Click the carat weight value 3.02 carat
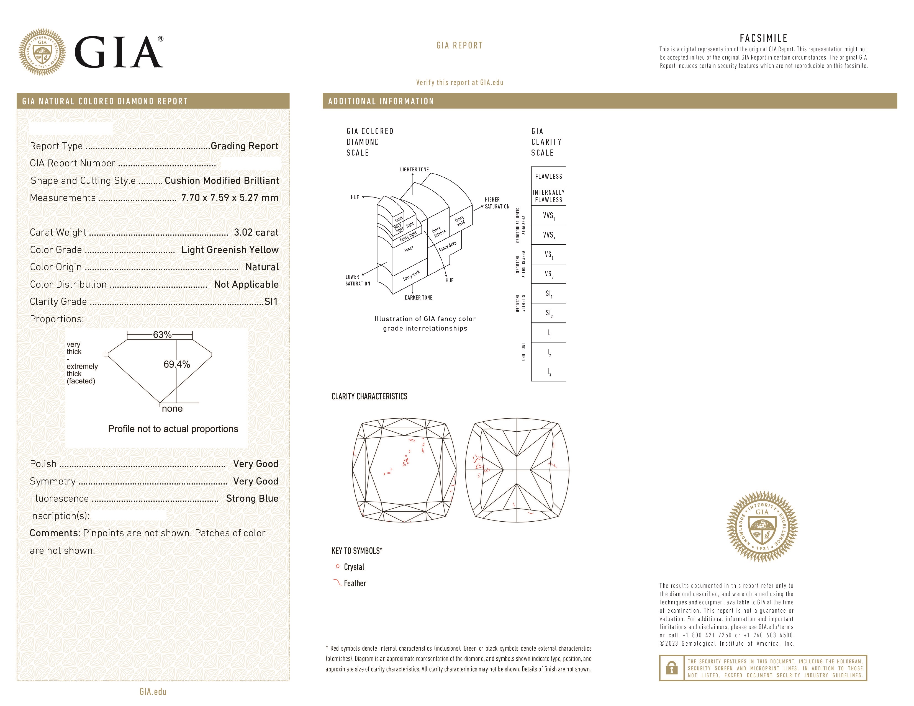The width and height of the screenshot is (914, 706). point(256,233)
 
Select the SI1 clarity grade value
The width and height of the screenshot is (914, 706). point(271,302)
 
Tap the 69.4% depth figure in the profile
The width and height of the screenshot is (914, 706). point(177,364)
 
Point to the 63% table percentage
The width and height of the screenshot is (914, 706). point(162,335)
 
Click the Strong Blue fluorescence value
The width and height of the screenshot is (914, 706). point(252,499)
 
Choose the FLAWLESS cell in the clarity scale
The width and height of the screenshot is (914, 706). point(548,177)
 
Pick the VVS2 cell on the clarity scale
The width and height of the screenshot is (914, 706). point(548,235)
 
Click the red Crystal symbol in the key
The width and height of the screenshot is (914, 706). point(338,566)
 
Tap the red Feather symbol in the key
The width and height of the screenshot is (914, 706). point(337,583)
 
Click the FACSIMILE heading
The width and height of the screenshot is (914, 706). point(763,38)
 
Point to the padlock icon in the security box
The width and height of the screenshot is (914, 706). point(672,668)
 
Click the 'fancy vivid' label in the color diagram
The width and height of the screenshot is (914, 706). point(460,221)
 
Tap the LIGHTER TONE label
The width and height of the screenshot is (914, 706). point(414,169)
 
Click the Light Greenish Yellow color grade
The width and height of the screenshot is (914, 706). point(230,250)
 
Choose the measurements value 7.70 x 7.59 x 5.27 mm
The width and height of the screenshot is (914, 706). point(229,198)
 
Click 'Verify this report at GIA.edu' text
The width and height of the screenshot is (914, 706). point(459,83)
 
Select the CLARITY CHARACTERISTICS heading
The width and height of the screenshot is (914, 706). point(369,396)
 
